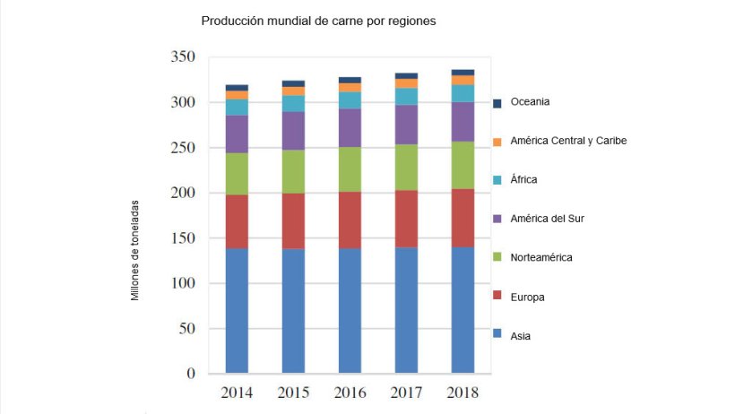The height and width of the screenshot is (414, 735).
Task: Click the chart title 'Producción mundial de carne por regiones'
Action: pos(319,21)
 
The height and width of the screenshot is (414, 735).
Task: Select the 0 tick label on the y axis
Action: pos(191,374)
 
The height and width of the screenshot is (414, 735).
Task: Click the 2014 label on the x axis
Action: pos(237,393)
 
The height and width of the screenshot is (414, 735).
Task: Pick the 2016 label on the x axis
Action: pos(350,393)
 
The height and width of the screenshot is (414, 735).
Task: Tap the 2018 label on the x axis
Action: pos(463,393)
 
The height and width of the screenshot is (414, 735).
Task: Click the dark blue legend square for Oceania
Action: pos(497,103)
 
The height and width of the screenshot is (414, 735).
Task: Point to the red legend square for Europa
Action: pos(497,298)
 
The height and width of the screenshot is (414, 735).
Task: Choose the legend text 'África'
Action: pos(523,179)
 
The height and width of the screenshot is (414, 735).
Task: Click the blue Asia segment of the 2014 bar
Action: pos(237,310)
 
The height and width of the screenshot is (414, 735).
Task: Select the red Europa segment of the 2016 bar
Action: pos(350,220)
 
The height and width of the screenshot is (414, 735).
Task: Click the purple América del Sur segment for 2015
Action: pos(293,130)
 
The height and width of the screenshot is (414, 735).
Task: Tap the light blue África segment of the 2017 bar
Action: pos(406,96)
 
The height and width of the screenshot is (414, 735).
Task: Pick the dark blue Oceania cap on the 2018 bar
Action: pos(463,73)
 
